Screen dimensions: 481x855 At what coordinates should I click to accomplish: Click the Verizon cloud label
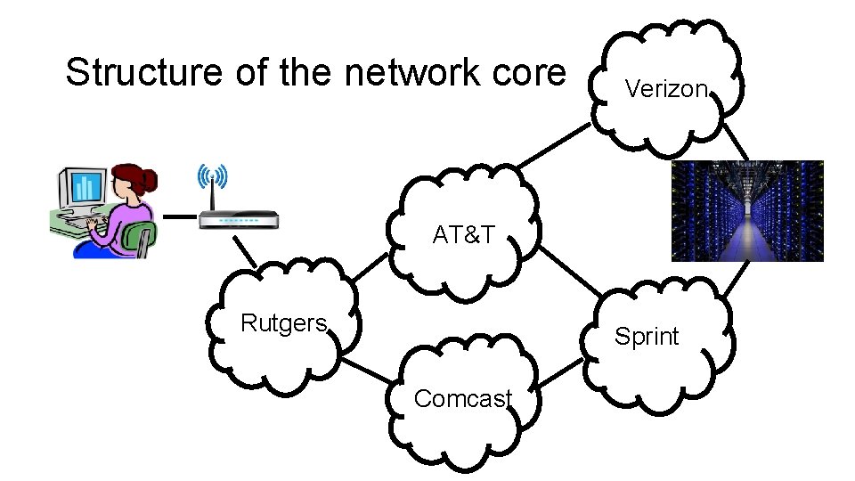(666, 88)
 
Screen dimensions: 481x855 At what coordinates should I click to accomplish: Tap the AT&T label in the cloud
(463, 235)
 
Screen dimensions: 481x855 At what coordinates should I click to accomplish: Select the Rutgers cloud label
(284, 323)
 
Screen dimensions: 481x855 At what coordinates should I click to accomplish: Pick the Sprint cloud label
(647, 337)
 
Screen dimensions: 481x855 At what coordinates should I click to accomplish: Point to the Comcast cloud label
(462, 399)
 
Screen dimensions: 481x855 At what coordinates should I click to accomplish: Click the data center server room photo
(747, 210)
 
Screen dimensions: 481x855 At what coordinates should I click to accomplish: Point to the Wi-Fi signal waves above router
(214, 176)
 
